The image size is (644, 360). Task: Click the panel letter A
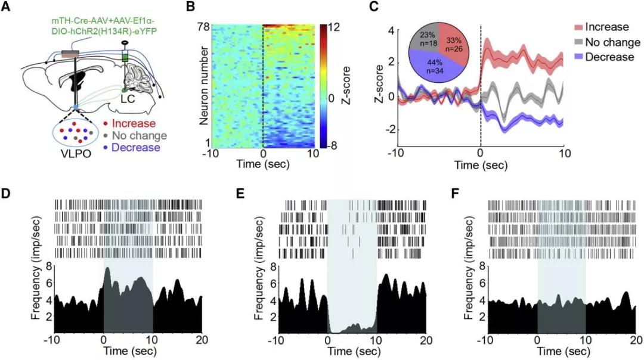7,7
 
